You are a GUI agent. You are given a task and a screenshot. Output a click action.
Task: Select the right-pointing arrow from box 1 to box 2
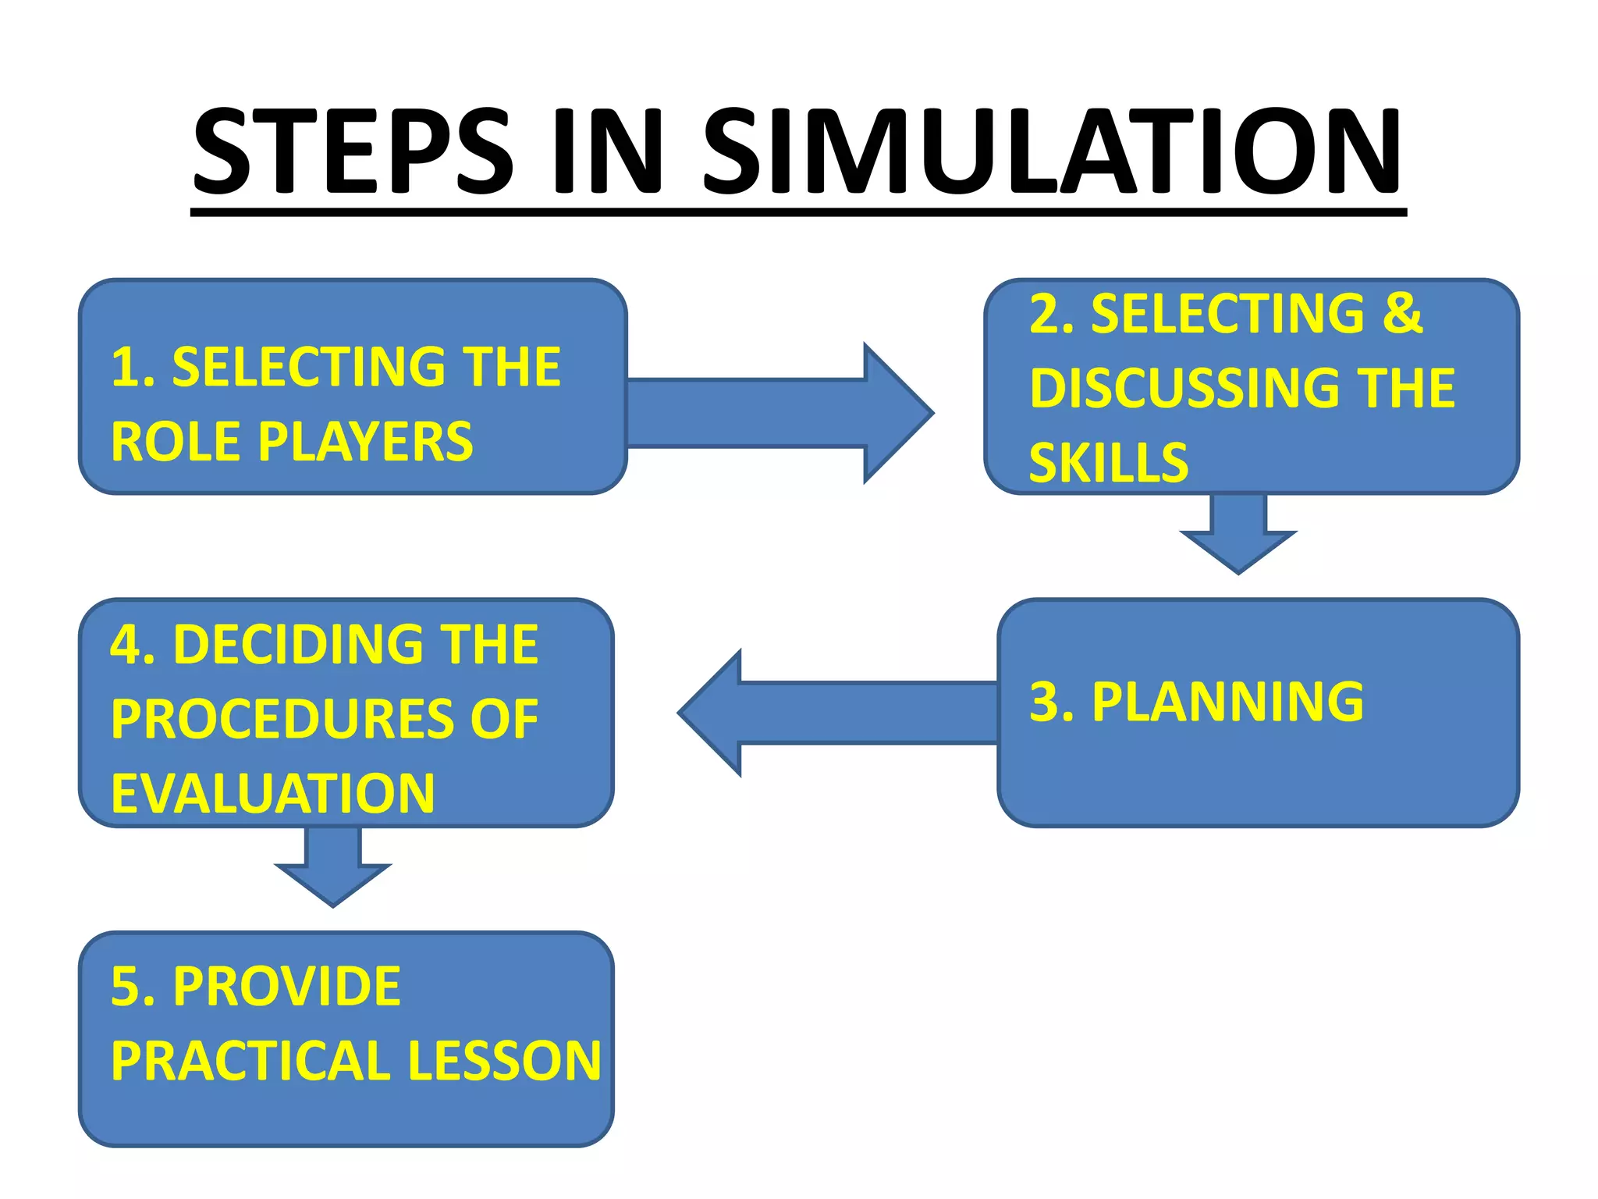tap(780, 413)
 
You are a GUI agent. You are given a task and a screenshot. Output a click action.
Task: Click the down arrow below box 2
tap(1238, 535)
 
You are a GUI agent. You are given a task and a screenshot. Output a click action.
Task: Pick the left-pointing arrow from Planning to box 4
tap(835, 713)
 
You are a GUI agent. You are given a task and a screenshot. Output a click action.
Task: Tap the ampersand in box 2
tap(1403, 314)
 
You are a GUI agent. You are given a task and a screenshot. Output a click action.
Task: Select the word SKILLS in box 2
tap(1108, 463)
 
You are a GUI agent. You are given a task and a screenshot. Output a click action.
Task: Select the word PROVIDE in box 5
tap(286, 987)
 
